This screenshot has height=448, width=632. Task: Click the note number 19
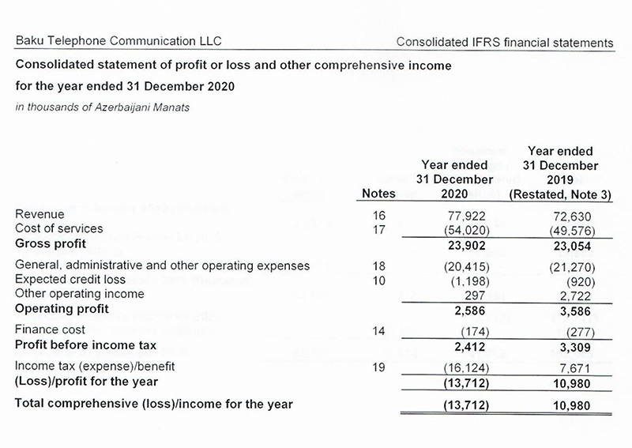click(377, 368)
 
